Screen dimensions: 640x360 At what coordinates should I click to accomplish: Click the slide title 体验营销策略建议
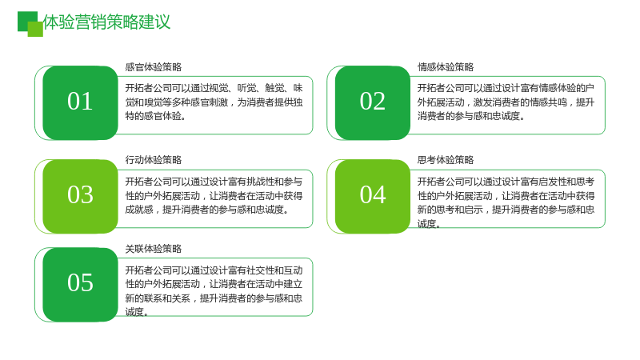106,22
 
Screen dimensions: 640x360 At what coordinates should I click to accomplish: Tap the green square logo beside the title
30,24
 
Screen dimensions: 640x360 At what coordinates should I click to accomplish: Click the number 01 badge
80,102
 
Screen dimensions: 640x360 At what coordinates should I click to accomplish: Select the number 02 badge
372,102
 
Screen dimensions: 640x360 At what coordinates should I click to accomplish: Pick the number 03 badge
80,196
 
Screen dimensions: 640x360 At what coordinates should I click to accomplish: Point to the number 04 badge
372,196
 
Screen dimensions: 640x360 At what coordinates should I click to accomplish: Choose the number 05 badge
80,285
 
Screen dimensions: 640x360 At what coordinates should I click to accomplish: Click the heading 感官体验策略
154,67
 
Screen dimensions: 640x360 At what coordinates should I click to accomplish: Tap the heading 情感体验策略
446,67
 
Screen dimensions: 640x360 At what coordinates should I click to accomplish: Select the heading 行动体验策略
154,160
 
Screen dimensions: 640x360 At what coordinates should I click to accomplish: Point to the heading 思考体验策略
446,160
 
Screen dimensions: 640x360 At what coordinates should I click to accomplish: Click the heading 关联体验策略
154,249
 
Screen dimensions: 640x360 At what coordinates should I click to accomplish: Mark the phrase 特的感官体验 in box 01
153,116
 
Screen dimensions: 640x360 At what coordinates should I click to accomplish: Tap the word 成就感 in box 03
139,210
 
